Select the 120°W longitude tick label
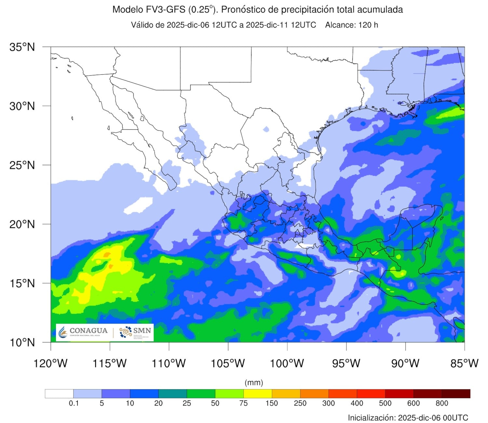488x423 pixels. (50, 363)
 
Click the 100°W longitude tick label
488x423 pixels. (287, 363)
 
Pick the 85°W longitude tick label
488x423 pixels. (464, 363)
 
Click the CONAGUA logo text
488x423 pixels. (88, 331)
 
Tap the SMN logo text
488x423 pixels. (142, 331)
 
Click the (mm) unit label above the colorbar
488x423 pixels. (254, 382)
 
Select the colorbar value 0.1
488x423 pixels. (74, 403)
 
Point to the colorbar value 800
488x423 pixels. (442, 403)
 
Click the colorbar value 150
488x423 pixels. (272, 403)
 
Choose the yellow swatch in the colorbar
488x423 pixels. (258, 394)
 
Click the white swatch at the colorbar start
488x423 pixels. (59, 394)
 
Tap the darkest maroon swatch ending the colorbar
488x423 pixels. (456, 394)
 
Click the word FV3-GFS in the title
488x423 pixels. (166, 10)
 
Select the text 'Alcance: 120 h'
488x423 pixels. (351, 25)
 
